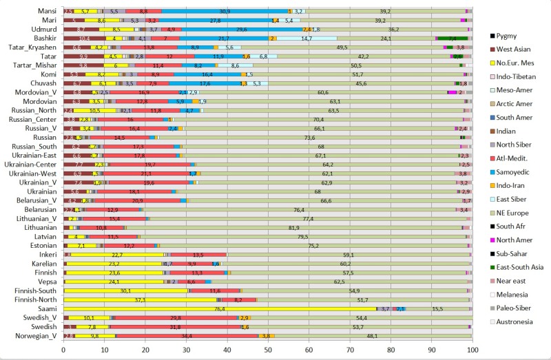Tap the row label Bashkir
[45, 38]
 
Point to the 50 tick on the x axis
[267, 349]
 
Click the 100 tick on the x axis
[472, 349]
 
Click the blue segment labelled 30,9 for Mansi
[225, 12]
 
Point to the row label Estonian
[44, 245]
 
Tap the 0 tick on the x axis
[63, 349]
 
